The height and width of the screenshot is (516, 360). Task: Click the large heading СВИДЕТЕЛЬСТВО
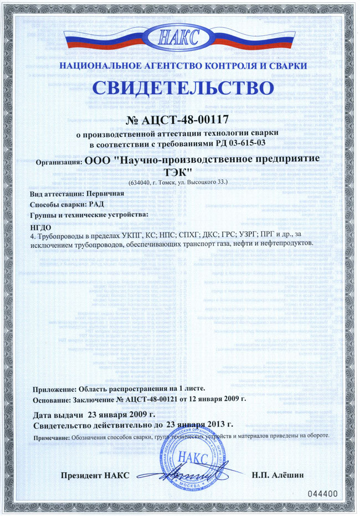click(179, 89)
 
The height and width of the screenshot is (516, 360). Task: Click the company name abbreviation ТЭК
click(179, 173)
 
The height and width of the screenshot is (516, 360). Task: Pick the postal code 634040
click(143, 182)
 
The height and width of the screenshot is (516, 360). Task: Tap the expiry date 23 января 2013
click(200, 425)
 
